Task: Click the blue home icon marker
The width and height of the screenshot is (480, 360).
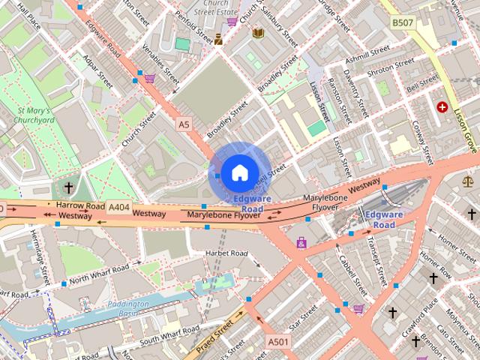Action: point(238,172)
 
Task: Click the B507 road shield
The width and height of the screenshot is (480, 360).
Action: point(403,23)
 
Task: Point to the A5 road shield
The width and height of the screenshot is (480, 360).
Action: point(184,123)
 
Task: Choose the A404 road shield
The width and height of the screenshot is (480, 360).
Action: point(119,206)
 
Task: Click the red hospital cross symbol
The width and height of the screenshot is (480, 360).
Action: point(442,107)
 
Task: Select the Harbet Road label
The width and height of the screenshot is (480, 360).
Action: point(226,253)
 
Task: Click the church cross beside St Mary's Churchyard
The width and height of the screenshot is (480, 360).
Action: point(69,187)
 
